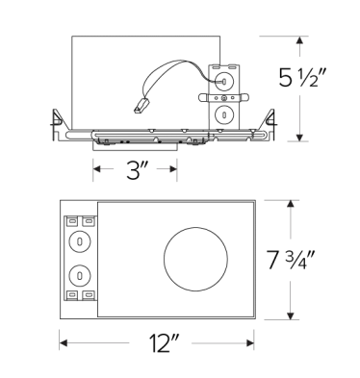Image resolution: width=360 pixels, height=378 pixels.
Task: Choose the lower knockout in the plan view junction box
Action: click(x=80, y=271)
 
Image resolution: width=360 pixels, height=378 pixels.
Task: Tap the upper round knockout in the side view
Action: click(x=222, y=80)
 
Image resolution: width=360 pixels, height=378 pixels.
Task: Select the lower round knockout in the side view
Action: click(x=222, y=113)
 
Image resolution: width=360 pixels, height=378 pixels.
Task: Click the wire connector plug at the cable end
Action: click(x=141, y=108)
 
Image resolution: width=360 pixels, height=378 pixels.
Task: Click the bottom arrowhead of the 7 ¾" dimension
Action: click(x=292, y=318)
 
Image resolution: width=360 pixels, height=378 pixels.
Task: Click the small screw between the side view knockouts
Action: click(x=222, y=96)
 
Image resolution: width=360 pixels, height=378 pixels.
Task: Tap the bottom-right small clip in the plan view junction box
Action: click(x=89, y=293)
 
